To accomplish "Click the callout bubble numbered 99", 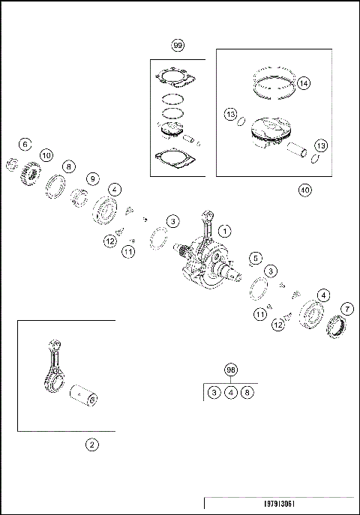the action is tap(178, 45).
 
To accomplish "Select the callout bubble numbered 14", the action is tap(304, 83).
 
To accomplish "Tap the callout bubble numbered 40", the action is tap(305, 190).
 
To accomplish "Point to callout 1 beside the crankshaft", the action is tap(225, 231).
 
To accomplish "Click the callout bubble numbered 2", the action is tap(91, 445).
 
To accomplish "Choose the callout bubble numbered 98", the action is tap(231, 370).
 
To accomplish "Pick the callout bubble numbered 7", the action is tap(347, 309).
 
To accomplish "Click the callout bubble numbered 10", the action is tap(46, 155).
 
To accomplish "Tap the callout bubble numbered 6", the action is tap(25, 145).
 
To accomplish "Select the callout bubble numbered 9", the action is tap(93, 179).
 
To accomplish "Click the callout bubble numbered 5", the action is tap(256, 258).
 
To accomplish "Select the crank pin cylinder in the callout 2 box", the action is tap(83, 396).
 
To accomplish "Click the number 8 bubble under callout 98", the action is tap(247, 392).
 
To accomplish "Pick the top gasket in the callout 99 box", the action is tap(175, 79).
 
